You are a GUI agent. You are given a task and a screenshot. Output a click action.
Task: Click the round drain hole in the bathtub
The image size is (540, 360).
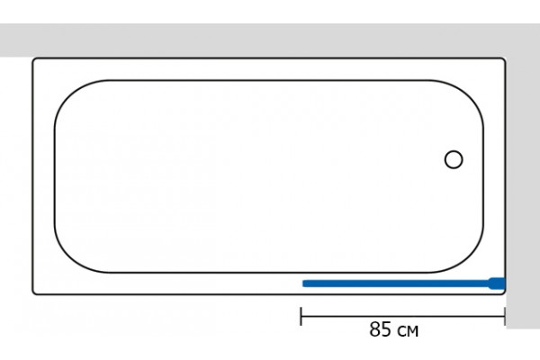click(454, 160)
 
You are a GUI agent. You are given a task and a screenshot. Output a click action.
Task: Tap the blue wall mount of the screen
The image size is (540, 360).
click(497, 283)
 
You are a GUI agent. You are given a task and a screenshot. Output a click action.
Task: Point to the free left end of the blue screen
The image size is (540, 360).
click(303, 283)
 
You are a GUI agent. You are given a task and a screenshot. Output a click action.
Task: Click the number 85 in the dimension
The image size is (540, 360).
click(381, 329)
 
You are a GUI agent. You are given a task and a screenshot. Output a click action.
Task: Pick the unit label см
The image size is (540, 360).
click(408, 331)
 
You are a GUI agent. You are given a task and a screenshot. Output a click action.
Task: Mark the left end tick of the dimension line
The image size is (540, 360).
click(301, 316)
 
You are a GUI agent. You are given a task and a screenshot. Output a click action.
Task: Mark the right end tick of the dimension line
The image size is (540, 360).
click(505, 316)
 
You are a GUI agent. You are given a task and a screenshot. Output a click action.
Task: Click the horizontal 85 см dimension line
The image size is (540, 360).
click(403, 316)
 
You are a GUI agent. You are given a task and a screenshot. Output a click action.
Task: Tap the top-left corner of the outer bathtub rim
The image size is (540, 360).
click(33, 59)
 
